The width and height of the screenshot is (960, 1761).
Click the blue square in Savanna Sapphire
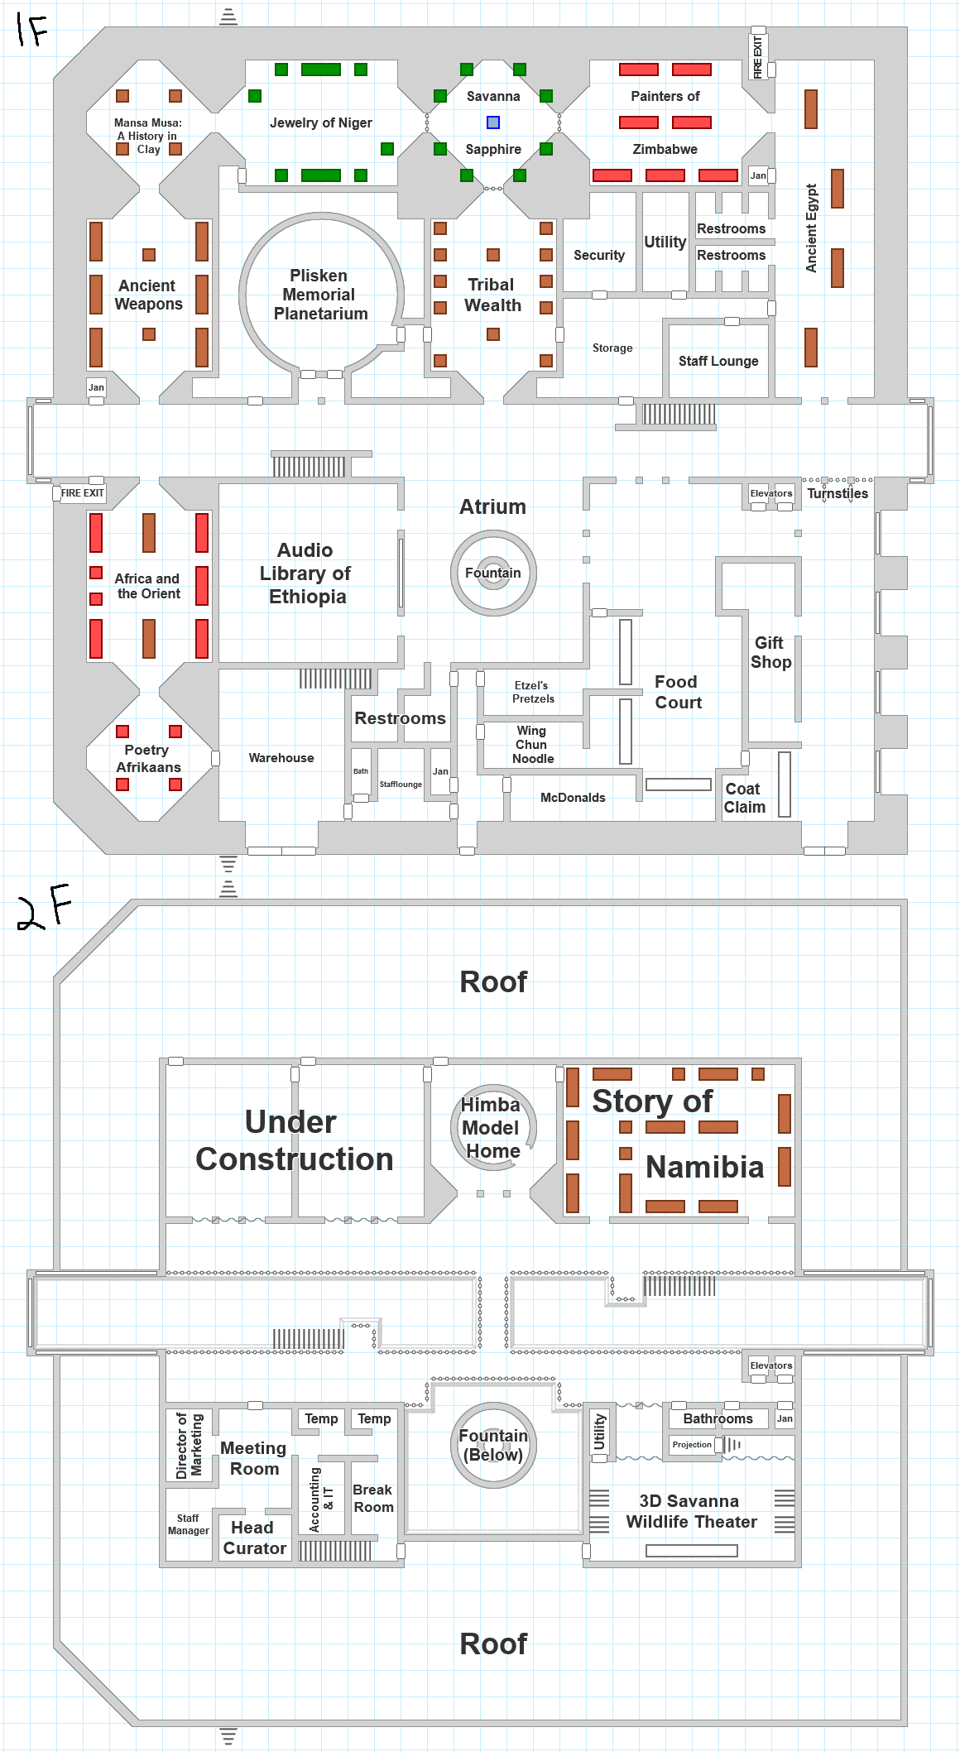coord(493,122)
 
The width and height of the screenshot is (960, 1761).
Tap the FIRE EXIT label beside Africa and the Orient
coord(83,493)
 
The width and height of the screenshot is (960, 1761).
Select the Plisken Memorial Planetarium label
coord(320,295)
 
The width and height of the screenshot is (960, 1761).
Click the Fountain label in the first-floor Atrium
coord(493,573)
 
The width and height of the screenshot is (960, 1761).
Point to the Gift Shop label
coord(770,652)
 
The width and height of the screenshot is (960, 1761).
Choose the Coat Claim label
coord(744,798)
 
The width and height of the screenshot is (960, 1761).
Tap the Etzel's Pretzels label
coord(533,692)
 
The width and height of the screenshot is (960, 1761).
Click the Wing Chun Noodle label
coord(532,744)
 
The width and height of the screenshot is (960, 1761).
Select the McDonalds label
coord(573,798)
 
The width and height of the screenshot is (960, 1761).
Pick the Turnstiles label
coord(838,493)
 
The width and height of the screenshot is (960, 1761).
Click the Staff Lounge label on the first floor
coord(718,361)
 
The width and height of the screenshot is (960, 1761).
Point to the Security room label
coord(599,255)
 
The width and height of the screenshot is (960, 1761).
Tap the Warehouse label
coord(281,758)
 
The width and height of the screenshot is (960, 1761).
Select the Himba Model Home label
coord(492,1127)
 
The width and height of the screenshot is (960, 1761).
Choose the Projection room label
coord(692,1444)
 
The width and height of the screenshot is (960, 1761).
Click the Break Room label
coord(373,1498)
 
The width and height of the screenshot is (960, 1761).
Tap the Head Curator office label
coord(254,1538)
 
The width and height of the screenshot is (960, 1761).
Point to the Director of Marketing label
coord(190,1445)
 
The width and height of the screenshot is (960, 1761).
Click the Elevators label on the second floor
coord(770,1365)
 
